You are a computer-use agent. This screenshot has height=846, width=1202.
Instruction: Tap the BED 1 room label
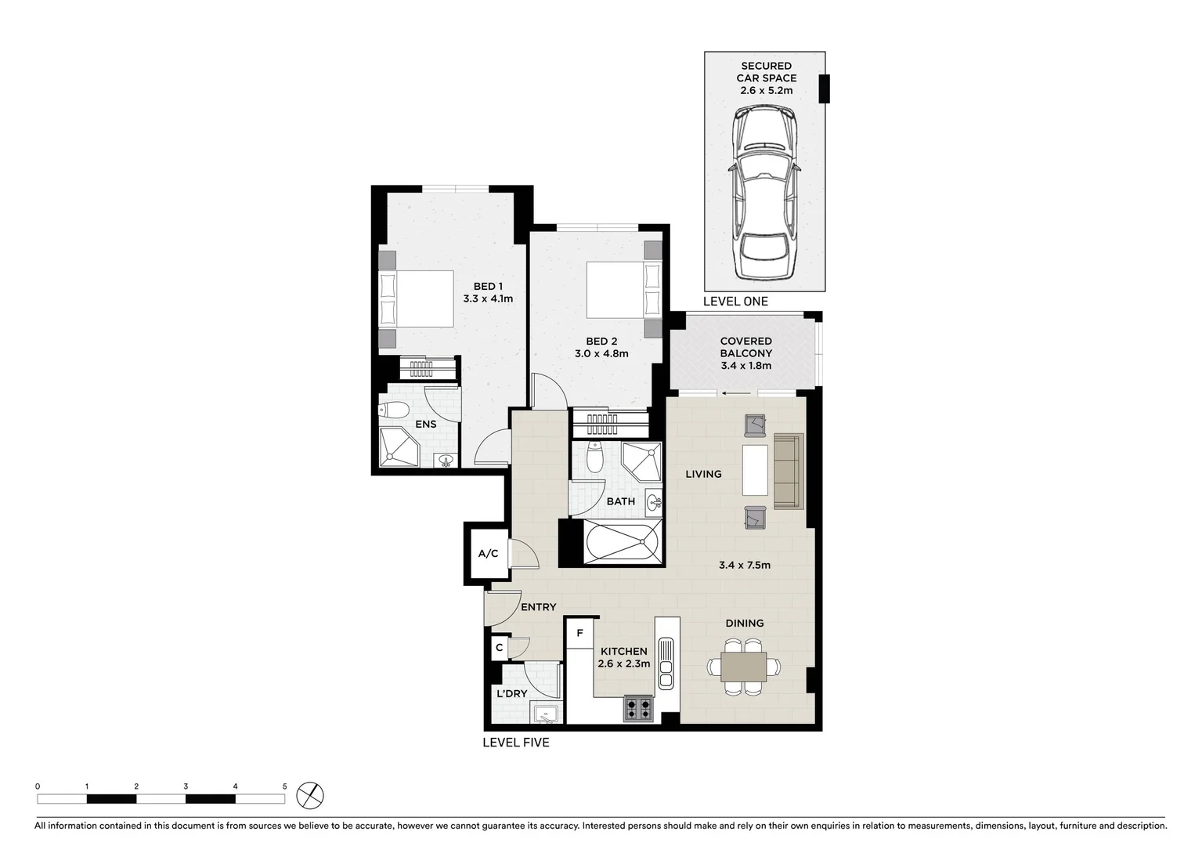488,287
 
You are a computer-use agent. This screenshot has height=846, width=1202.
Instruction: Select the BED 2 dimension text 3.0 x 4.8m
601,353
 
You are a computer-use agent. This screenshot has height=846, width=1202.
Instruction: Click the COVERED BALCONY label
745,347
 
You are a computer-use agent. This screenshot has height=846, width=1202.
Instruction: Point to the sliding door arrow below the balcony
733,393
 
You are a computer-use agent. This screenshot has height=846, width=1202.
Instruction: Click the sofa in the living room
789,471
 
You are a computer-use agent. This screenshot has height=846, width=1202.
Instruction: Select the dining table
744,667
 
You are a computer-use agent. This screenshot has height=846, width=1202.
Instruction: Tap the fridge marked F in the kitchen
580,633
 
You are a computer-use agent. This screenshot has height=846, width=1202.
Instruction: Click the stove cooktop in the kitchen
638,708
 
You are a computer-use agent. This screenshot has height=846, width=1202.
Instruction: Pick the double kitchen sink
666,663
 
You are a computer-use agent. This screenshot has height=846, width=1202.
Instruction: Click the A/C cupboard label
488,554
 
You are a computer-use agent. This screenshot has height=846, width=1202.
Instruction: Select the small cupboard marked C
499,648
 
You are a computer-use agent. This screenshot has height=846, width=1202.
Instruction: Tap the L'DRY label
512,693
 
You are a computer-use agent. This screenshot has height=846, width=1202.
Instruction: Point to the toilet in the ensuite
394,410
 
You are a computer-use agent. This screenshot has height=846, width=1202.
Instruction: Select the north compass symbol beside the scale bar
311,796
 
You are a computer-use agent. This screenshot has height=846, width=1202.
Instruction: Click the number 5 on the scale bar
284,786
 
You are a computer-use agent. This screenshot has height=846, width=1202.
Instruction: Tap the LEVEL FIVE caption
515,743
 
